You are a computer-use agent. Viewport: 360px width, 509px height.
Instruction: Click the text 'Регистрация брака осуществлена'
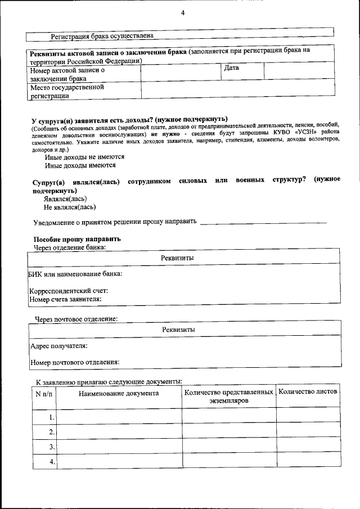tap(102, 36)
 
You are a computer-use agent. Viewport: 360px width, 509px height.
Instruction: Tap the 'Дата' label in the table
tap(231, 68)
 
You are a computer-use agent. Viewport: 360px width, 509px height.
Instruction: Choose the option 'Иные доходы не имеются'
tap(84, 157)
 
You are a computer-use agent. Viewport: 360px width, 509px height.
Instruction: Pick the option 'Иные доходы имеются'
tap(80, 165)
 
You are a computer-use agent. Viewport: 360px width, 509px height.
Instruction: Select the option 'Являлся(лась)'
tap(65, 199)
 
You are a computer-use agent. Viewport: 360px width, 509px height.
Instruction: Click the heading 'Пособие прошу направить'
tap(77, 239)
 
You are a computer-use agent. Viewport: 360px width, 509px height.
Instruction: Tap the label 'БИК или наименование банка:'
tap(75, 274)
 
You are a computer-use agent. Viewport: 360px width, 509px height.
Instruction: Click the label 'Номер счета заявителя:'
tap(65, 299)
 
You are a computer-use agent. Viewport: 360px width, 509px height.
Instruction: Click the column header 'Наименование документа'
tap(119, 394)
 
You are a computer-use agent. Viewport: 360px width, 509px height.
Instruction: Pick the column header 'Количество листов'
tap(308, 391)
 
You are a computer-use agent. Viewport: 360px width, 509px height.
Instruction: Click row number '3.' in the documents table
tap(51, 447)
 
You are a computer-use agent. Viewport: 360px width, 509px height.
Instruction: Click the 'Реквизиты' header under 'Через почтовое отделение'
tap(178, 330)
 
